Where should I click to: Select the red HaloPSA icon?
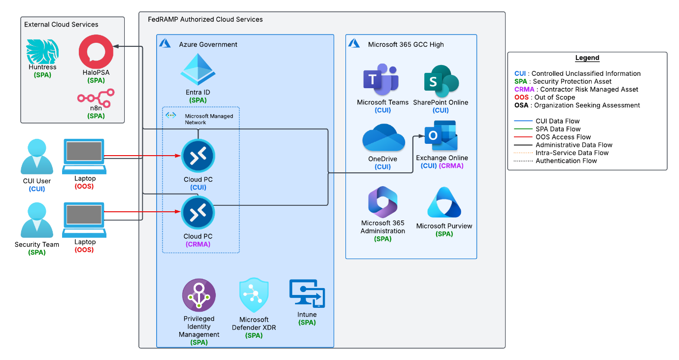point(96,51)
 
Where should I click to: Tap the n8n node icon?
point(96,96)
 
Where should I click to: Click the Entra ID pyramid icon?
point(198,70)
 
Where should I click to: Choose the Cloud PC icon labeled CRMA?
point(198,212)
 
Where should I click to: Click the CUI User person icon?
point(37,157)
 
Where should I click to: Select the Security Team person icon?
point(37,220)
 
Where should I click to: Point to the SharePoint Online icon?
point(441,81)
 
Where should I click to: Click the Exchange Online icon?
point(442,136)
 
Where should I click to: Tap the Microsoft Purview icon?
point(444,203)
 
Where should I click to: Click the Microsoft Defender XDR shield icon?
point(254,295)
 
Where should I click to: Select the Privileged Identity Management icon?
point(199,295)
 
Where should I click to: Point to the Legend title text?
point(587,58)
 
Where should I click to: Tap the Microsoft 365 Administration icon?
point(383,202)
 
